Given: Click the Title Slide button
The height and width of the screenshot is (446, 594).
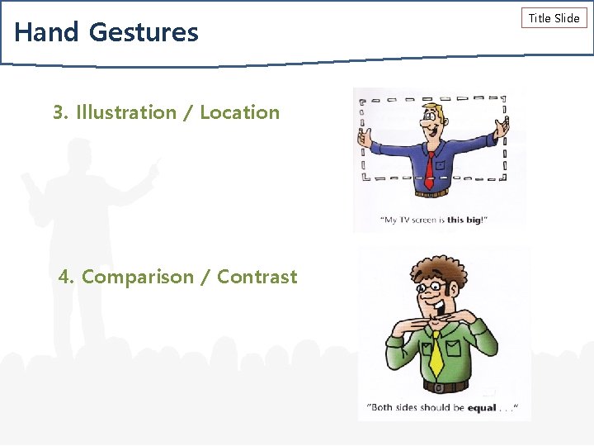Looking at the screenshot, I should [x=554, y=18].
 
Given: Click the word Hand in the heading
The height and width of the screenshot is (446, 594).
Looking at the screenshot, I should [x=46, y=32].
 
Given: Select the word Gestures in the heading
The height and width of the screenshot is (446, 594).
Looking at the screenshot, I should [x=144, y=32].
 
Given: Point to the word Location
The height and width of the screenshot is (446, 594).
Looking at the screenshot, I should [x=239, y=112].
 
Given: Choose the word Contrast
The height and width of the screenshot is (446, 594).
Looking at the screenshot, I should [x=257, y=277].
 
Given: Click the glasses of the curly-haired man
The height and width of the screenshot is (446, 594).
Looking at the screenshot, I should [x=431, y=289].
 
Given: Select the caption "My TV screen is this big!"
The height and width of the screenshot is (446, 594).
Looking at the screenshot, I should [x=433, y=221].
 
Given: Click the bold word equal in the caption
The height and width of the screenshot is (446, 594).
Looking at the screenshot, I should [x=482, y=407].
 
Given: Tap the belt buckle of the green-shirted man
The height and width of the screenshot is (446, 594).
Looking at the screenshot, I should [x=439, y=387].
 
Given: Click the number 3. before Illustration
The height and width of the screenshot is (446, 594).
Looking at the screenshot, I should [x=61, y=112].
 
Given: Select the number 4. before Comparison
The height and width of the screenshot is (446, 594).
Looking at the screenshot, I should [x=67, y=277].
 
